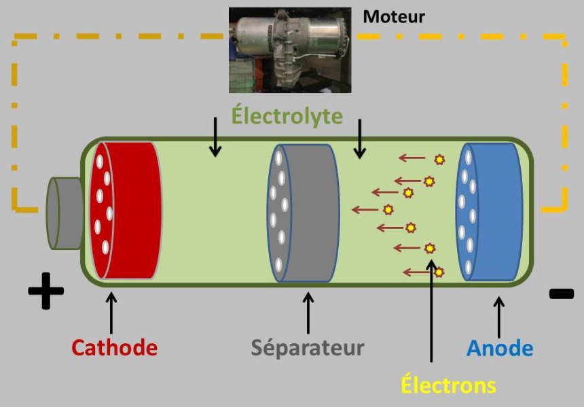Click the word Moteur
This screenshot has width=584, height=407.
[x=394, y=16]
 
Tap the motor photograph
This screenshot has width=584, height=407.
[x=290, y=50]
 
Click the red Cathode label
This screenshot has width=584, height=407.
[x=114, y=348]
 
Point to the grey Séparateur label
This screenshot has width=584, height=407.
[x=308, y=348]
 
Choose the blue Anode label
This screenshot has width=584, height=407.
[x=500, y=349]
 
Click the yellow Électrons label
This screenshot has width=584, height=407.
[x=448, y=385]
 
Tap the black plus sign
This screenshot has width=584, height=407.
[x=46, y=291]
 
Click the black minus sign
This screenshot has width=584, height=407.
[x=561, y=294]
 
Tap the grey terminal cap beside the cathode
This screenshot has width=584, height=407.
[x=65, y=212]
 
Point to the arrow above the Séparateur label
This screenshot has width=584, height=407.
[x=308, y=313]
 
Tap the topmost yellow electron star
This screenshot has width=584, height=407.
[x=439, y=160]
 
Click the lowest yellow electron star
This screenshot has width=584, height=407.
[x=439, y=272]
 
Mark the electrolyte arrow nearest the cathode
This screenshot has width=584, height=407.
[x=215, y=137]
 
